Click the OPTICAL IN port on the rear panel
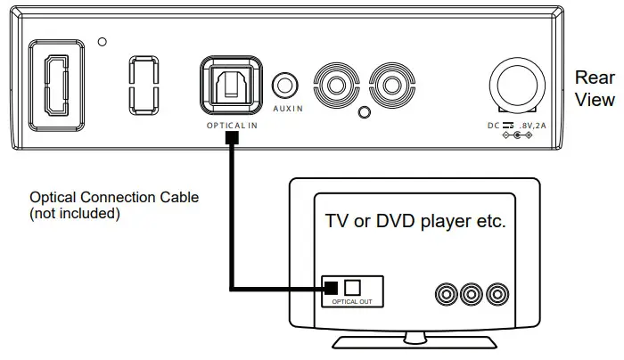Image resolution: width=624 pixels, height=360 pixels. pos(232,86)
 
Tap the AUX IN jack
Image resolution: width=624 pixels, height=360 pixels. pos(286,86)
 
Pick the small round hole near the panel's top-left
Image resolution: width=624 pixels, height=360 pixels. pos(104,41)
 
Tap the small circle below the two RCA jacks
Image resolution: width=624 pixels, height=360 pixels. pos(363,112)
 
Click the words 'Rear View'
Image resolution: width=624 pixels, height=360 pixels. pos(594,88)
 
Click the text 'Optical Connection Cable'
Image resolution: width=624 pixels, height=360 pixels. pos(114,197)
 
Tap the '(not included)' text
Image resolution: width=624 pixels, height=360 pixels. pos(74,214)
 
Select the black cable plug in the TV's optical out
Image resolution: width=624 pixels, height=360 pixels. pos(331,288)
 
